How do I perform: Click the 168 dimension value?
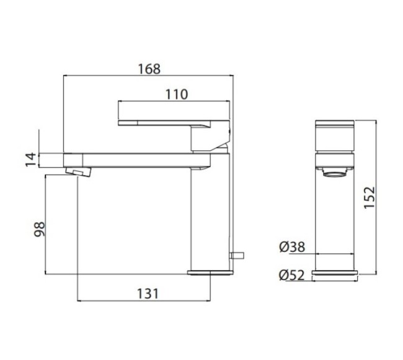coord(149,68)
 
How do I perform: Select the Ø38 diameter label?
coord(292,247)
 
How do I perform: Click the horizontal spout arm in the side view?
coord(136,160)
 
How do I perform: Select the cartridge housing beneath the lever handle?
coord(208,140)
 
